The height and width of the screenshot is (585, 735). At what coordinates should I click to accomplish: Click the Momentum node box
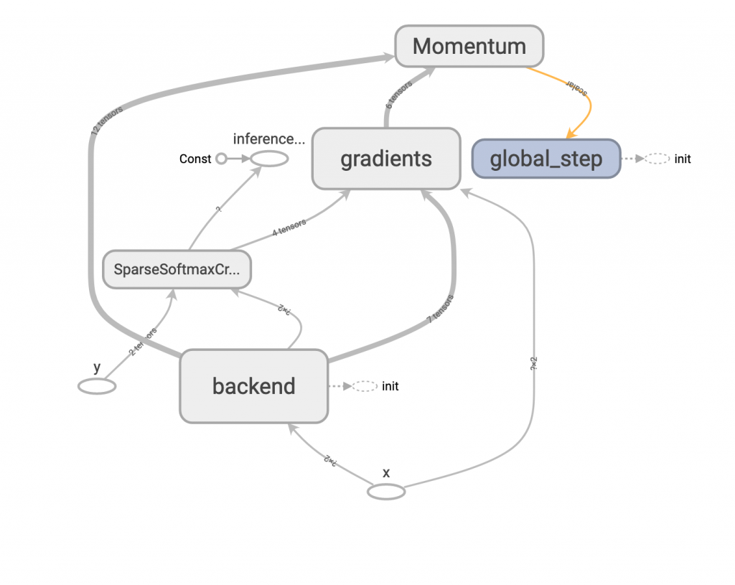point(469,46)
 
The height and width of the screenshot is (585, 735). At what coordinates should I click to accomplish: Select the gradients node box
point(386,159)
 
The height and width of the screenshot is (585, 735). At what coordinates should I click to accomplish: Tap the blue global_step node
point(546,159)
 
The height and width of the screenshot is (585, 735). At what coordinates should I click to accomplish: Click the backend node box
point(253,386)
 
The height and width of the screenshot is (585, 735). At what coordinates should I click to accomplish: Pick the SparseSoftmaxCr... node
point(177,270)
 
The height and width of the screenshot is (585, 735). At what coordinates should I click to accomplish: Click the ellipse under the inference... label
point(268,159)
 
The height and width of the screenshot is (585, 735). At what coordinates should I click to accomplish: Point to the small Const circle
point(221,159)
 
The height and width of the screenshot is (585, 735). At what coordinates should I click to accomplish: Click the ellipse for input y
point(97,386)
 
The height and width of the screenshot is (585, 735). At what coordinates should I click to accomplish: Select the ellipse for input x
point(386,492)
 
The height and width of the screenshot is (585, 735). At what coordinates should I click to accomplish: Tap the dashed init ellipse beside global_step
point(656,159)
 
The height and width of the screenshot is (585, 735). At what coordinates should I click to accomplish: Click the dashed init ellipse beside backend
point(365,386)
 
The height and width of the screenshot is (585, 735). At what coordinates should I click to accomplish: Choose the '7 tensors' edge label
point(440,309)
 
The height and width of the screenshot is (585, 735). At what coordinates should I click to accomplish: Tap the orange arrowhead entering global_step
point(571,134)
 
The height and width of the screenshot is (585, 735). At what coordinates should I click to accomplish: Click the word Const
point(195,159)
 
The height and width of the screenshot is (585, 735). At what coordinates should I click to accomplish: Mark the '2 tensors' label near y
point(143,343)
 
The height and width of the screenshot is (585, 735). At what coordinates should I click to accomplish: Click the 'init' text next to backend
point(390,386)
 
